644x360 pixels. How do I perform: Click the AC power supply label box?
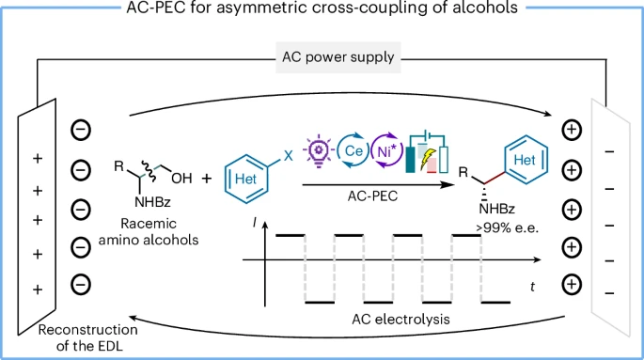[338, 57]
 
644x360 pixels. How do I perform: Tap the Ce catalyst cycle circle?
[338, 151]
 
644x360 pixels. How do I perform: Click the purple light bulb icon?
[319, 150]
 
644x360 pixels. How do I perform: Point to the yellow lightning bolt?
[428, 159]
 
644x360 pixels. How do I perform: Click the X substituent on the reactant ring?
[289, 156]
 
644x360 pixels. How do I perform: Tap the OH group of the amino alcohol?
[181, 179]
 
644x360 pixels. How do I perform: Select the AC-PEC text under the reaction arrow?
[372, 196]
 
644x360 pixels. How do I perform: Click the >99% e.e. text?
[508, 227]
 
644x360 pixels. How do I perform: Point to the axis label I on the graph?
[255, 223]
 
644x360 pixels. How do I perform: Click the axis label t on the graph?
[533, 287]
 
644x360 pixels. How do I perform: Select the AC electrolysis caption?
[401, 319]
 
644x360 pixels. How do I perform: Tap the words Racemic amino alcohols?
[149, 231]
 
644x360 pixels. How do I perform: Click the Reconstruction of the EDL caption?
[87, 337]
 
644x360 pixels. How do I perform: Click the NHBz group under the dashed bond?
[496, 209]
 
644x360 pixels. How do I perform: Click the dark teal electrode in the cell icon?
[410, 159]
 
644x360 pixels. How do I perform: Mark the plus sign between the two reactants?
[207, 179]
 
